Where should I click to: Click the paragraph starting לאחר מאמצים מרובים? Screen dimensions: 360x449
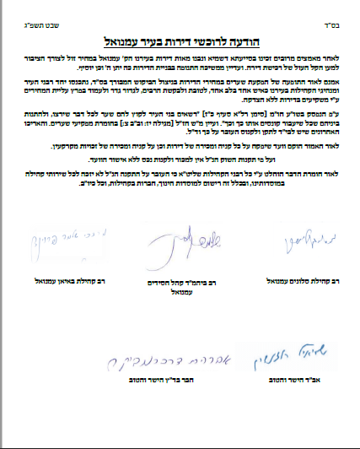click(180, 62)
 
